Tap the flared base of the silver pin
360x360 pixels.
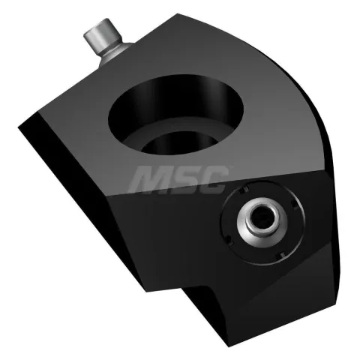(115, 55)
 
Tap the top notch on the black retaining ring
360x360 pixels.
(243, 190)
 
